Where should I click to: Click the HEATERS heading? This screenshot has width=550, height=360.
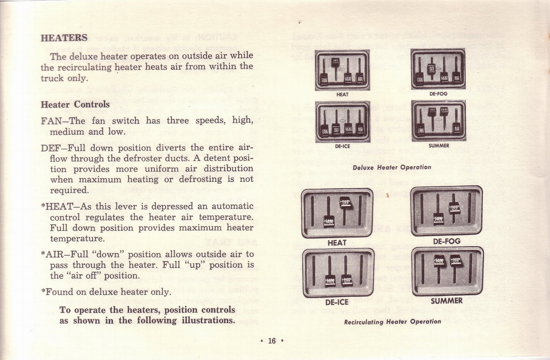click(x=64, y=37)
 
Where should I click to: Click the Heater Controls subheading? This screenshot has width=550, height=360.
click(x=75, y=104)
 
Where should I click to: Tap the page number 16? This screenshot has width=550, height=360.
click(x=272, y=340)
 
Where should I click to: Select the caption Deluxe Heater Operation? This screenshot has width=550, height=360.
click(x=392, y=167)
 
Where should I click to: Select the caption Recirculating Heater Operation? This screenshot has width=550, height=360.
click(x=392, y=322)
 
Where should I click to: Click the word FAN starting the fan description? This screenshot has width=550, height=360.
click(x=51, y=121)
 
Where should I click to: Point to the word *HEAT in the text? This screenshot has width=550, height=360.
click(x=57, y=206)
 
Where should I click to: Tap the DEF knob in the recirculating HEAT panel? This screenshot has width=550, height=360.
click(x=345, y=203)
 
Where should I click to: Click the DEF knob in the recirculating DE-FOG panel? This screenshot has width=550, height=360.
click(x=454, y=208)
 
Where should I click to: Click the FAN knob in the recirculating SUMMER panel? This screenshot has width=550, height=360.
click(x=439, y=261)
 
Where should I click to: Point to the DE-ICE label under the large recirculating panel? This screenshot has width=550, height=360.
click(x=337, y=302)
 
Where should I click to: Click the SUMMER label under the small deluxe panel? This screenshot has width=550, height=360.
click(x=439, y=146)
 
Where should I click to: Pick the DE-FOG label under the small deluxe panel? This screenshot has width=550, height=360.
click(x=438, y=94)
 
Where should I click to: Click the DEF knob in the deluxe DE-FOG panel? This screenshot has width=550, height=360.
click(x=432, y=69)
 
